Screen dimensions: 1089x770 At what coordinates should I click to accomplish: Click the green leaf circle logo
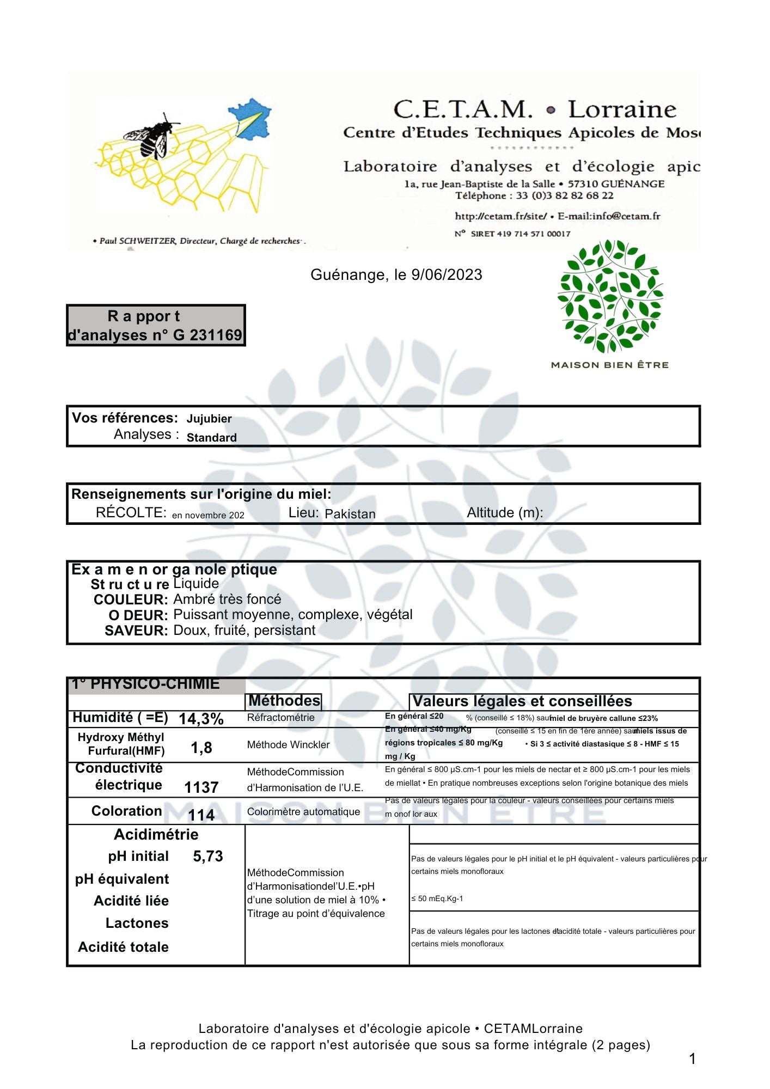click(x=610, y=297)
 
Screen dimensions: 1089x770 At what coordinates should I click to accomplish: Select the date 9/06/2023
click(x=447, y=275)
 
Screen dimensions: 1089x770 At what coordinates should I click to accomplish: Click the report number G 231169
click(x=207, y=335)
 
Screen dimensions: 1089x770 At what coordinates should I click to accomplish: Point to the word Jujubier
click(x=209, y=419)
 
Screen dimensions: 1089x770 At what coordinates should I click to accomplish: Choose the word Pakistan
click(x=350, y=514)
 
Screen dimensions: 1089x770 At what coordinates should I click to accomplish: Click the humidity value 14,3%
click(x=201, y=719)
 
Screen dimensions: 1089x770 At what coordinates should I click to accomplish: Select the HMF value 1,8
click(x=201, y=748)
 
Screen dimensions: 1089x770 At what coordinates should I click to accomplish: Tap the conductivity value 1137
click(x=201, y=787)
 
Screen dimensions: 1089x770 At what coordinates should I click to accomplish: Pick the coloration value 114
click(x=201, y=815)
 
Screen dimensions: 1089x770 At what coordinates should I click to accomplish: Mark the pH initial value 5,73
click(x=208, y=856)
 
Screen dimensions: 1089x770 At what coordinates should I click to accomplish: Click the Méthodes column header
click(x=284, y=701)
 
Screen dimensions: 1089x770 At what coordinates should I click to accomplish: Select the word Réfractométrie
click(x=280, y=718)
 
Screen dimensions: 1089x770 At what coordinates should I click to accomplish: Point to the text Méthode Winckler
click(x=288, y=745)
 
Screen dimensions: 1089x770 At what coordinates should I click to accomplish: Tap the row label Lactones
click(x=137, y=923)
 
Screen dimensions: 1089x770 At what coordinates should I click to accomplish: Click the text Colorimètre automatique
click(x=303, y=812)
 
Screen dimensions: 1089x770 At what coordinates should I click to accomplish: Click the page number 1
click(x=692, y=1059)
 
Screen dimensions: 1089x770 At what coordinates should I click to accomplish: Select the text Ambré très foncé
click(x=227, y=599)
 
